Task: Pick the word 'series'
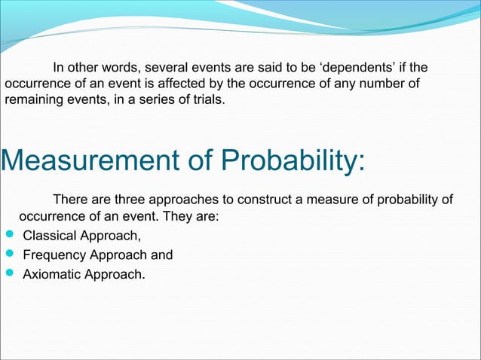149,99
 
